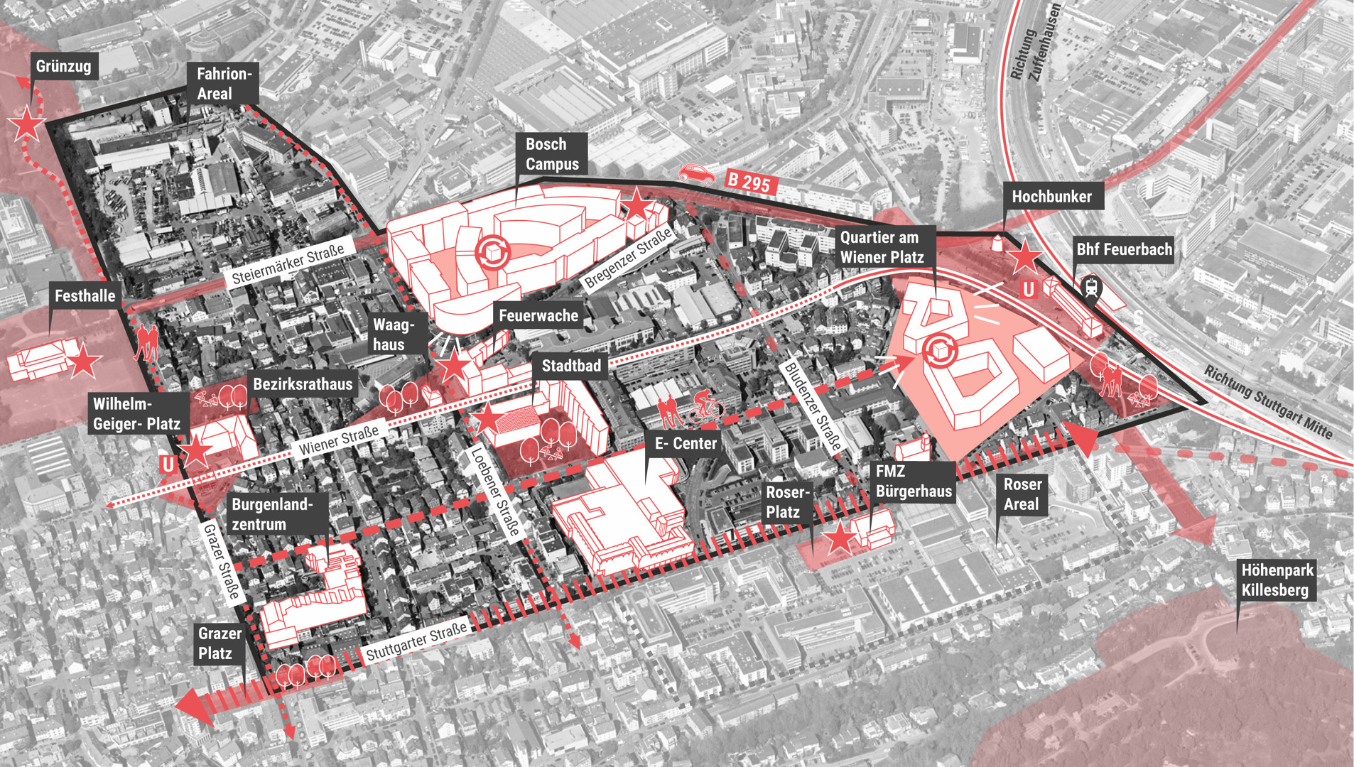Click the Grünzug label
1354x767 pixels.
point(64,66)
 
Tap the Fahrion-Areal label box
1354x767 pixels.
point(223,84)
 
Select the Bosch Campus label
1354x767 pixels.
point(552,153)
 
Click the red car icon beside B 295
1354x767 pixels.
point(697,174)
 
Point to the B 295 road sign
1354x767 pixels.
point(749,182)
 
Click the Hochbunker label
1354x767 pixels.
point(1051,197)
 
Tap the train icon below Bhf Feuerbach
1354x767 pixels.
point(1091,288)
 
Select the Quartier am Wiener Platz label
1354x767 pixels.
point(882,247)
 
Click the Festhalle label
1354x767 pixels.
point(85,296)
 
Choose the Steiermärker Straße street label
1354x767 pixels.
point(288,264)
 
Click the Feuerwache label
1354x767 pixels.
point(538,315)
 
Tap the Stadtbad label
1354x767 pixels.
point(570,366)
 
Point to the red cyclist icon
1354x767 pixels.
point(705,406)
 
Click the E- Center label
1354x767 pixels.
point(685,444)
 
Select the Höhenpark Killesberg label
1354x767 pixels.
point(1277,580)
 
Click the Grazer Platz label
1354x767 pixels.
point(220,643)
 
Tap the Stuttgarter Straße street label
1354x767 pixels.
point(416,641)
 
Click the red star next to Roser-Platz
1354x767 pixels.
point(840,538)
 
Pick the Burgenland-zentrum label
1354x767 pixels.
point(271,514)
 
